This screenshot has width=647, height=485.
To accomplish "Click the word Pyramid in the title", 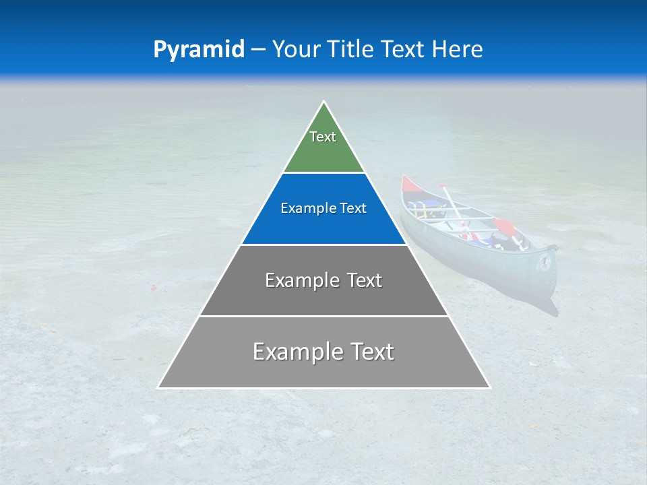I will [198, 49].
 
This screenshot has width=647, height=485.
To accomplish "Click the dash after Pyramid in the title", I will [257, 50].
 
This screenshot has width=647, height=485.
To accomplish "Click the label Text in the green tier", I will [323, 137].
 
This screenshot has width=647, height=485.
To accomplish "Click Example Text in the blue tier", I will [323, 209].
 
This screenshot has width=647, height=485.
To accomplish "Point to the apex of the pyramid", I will [324, 102].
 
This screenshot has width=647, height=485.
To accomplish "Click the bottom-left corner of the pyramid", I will [159, 387].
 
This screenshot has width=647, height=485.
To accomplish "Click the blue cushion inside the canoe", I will [418, 205].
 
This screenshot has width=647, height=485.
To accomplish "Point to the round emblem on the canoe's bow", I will [544, 263].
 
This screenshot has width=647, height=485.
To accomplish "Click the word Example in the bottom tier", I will [295, 352].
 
